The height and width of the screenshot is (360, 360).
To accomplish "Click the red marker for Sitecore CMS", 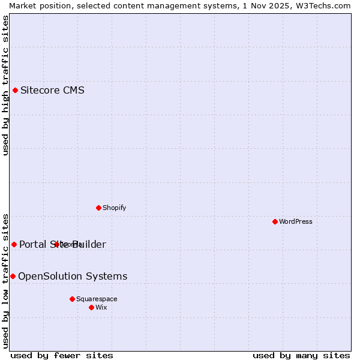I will pyautogui.click(x=15, y=91).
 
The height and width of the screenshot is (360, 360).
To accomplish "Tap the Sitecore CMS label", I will pyautogui.click(x=52, y=91).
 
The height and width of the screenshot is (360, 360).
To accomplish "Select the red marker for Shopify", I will pyautogui.click(x=98, y=208).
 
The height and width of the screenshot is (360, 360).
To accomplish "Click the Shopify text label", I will pyautogui.click(x=114, y=208).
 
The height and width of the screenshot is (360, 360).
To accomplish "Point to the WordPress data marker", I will pyautogui.click(x=275, y=221).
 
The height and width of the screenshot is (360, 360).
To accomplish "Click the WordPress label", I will pyautogui.click(x=295, y=221).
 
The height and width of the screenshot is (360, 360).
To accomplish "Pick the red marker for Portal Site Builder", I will pyautogui.click(x=14, y=244).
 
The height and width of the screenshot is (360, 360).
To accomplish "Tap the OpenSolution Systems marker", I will pyautogui.click(x=13, y=276).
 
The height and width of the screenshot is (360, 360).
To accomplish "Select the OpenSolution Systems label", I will pyautogui.click(x=73, y=276).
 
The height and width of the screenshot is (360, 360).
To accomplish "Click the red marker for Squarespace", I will pyautogui.click(x=72, y=299).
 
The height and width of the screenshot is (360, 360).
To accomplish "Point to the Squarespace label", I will pyautogui.click(x=97, y=299).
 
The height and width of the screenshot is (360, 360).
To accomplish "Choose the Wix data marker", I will pyautogui.click(x=91, y=307).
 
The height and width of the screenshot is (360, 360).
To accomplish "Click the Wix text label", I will pyautogui.click(x=101, y=307).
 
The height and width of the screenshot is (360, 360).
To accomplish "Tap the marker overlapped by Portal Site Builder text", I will pyautogui.click(x=56, y=244).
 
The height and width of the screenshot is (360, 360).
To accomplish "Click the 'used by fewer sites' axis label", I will pyautogui.click(x=62, y=355).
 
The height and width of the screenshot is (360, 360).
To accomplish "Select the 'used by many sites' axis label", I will pyautogui.click(x=301, y=355).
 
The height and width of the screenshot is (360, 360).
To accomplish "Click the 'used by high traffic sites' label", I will pyautogui.click(x=6, y=86).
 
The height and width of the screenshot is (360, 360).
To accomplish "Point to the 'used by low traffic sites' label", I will pyautogui.click(x=6, y=281).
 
